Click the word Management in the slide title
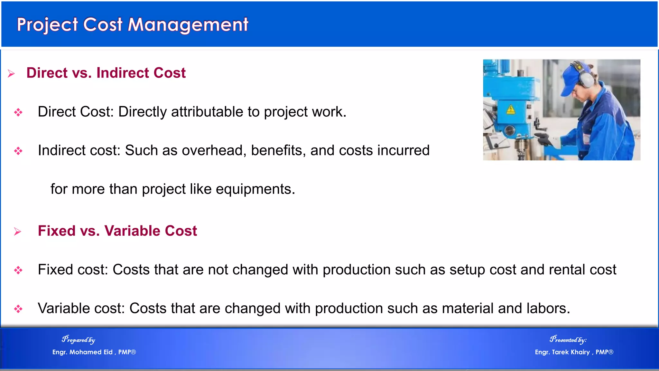click(x=188, y=25)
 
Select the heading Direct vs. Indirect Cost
click(x=106, y=73)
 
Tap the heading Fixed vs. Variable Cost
click(x=117, y=231)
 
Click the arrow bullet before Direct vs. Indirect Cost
click(x=11, y=74)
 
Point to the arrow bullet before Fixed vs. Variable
click(x=18, y=232)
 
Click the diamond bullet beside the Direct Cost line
click(x=18, y=112)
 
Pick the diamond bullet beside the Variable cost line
click(x=18, y=309)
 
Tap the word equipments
click(x=255, y=189)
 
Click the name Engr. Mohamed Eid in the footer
click(x=82, y=352)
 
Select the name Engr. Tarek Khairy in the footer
click(x=562, y=352)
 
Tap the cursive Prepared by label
click(x=79, y=340)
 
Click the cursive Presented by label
click(x=568, y=340)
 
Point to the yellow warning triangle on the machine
click(x=511, y=109)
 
